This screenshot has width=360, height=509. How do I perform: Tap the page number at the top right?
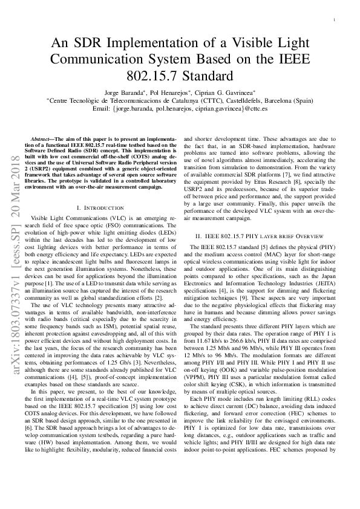pos(334,21)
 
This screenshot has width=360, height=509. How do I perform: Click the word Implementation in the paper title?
pos(157,44)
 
